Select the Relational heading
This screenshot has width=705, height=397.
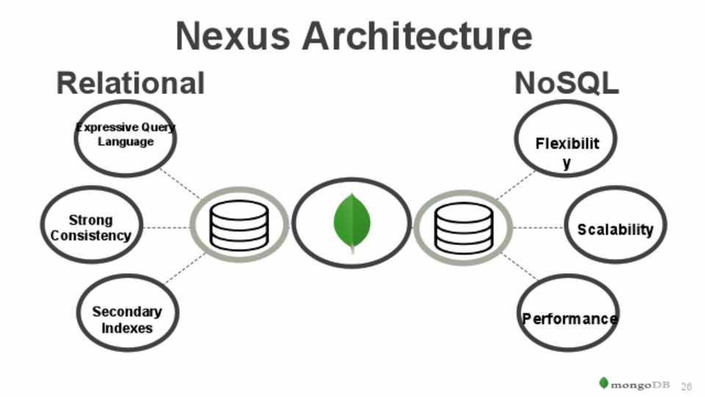coord(130,83)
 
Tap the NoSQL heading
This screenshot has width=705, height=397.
coord(566,83)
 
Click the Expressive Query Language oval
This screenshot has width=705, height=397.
coord(126,137)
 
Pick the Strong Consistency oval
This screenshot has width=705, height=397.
coord(91,228)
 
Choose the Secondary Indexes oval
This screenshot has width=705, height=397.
coord(126,319)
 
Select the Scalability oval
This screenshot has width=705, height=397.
coord(615,229)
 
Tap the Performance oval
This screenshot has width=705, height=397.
coord(568,318)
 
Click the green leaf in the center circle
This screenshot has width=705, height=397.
coord(352,221)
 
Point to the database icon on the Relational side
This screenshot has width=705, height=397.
coord(239,226)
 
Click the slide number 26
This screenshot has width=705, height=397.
coord(687,385)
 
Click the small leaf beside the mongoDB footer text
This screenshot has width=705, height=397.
coord(604,383)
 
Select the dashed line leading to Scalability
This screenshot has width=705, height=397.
coord(538,228)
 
